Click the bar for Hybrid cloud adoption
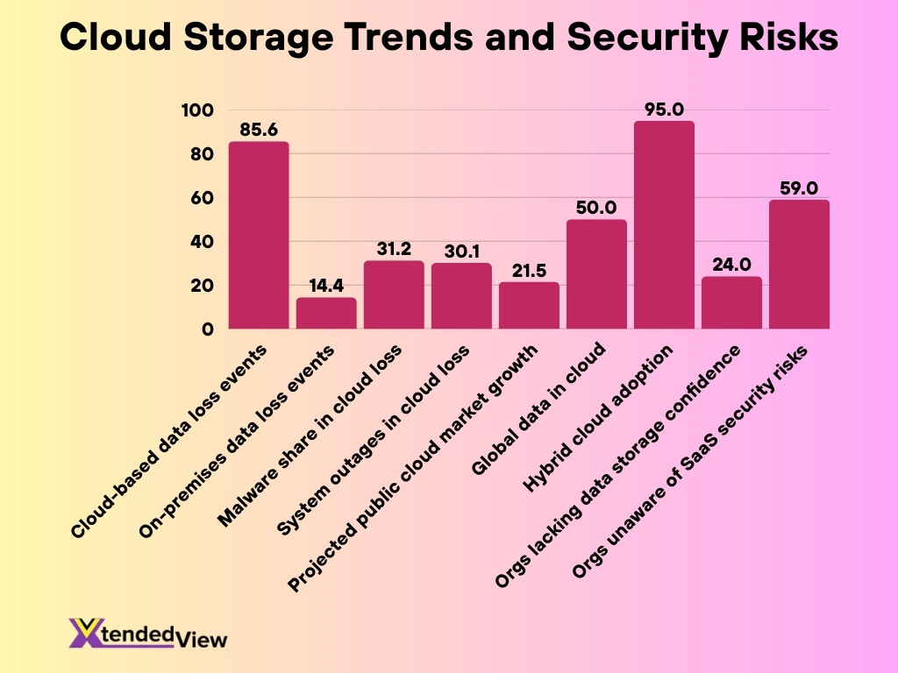point(664,225)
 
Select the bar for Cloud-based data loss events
point(259,236)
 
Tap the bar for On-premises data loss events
point(326,314)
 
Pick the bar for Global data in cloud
point(596,274)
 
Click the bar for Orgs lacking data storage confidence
point(731,303)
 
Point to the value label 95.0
point(664,110)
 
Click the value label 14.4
point(326,287)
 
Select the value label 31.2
point(394,250)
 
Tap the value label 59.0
point(799,188)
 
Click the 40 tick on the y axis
point(202,242)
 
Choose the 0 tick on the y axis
point(207,329)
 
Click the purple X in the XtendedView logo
point(85,633)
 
